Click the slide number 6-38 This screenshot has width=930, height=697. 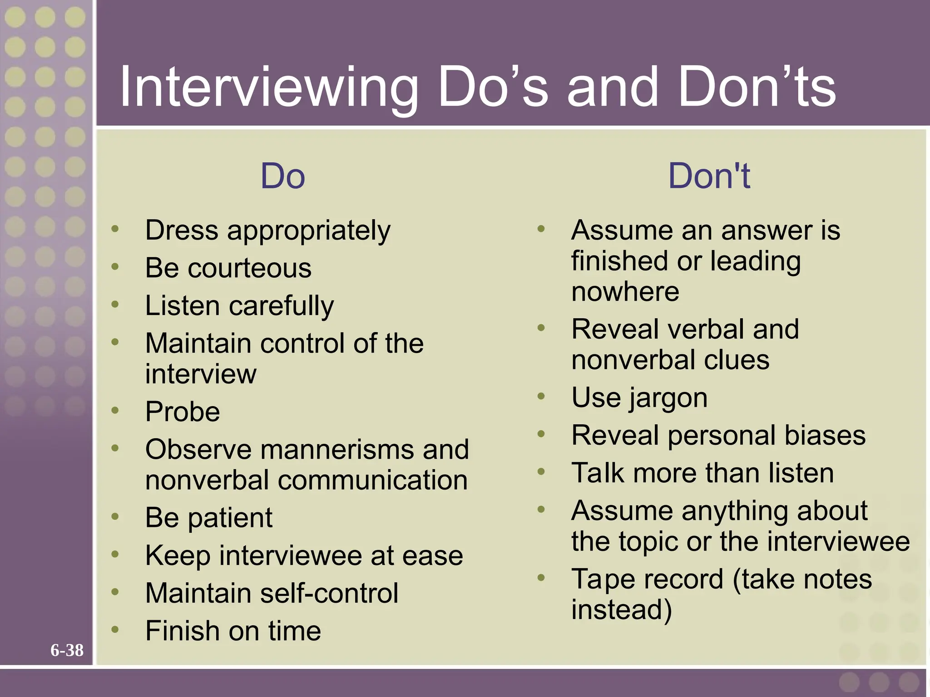67,650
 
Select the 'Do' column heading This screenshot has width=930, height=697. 282,176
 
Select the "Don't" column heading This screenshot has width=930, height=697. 709,176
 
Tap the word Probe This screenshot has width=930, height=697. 183,412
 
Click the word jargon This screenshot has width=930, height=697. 668,398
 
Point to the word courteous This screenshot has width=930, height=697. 250,268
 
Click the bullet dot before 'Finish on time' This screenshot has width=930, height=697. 115,629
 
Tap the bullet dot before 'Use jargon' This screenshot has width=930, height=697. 541,396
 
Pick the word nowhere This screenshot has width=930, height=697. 625,291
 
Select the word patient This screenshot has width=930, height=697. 230,518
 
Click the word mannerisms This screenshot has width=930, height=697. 337,450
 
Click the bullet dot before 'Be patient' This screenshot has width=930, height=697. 115,516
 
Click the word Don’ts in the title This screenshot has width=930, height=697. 757,87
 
